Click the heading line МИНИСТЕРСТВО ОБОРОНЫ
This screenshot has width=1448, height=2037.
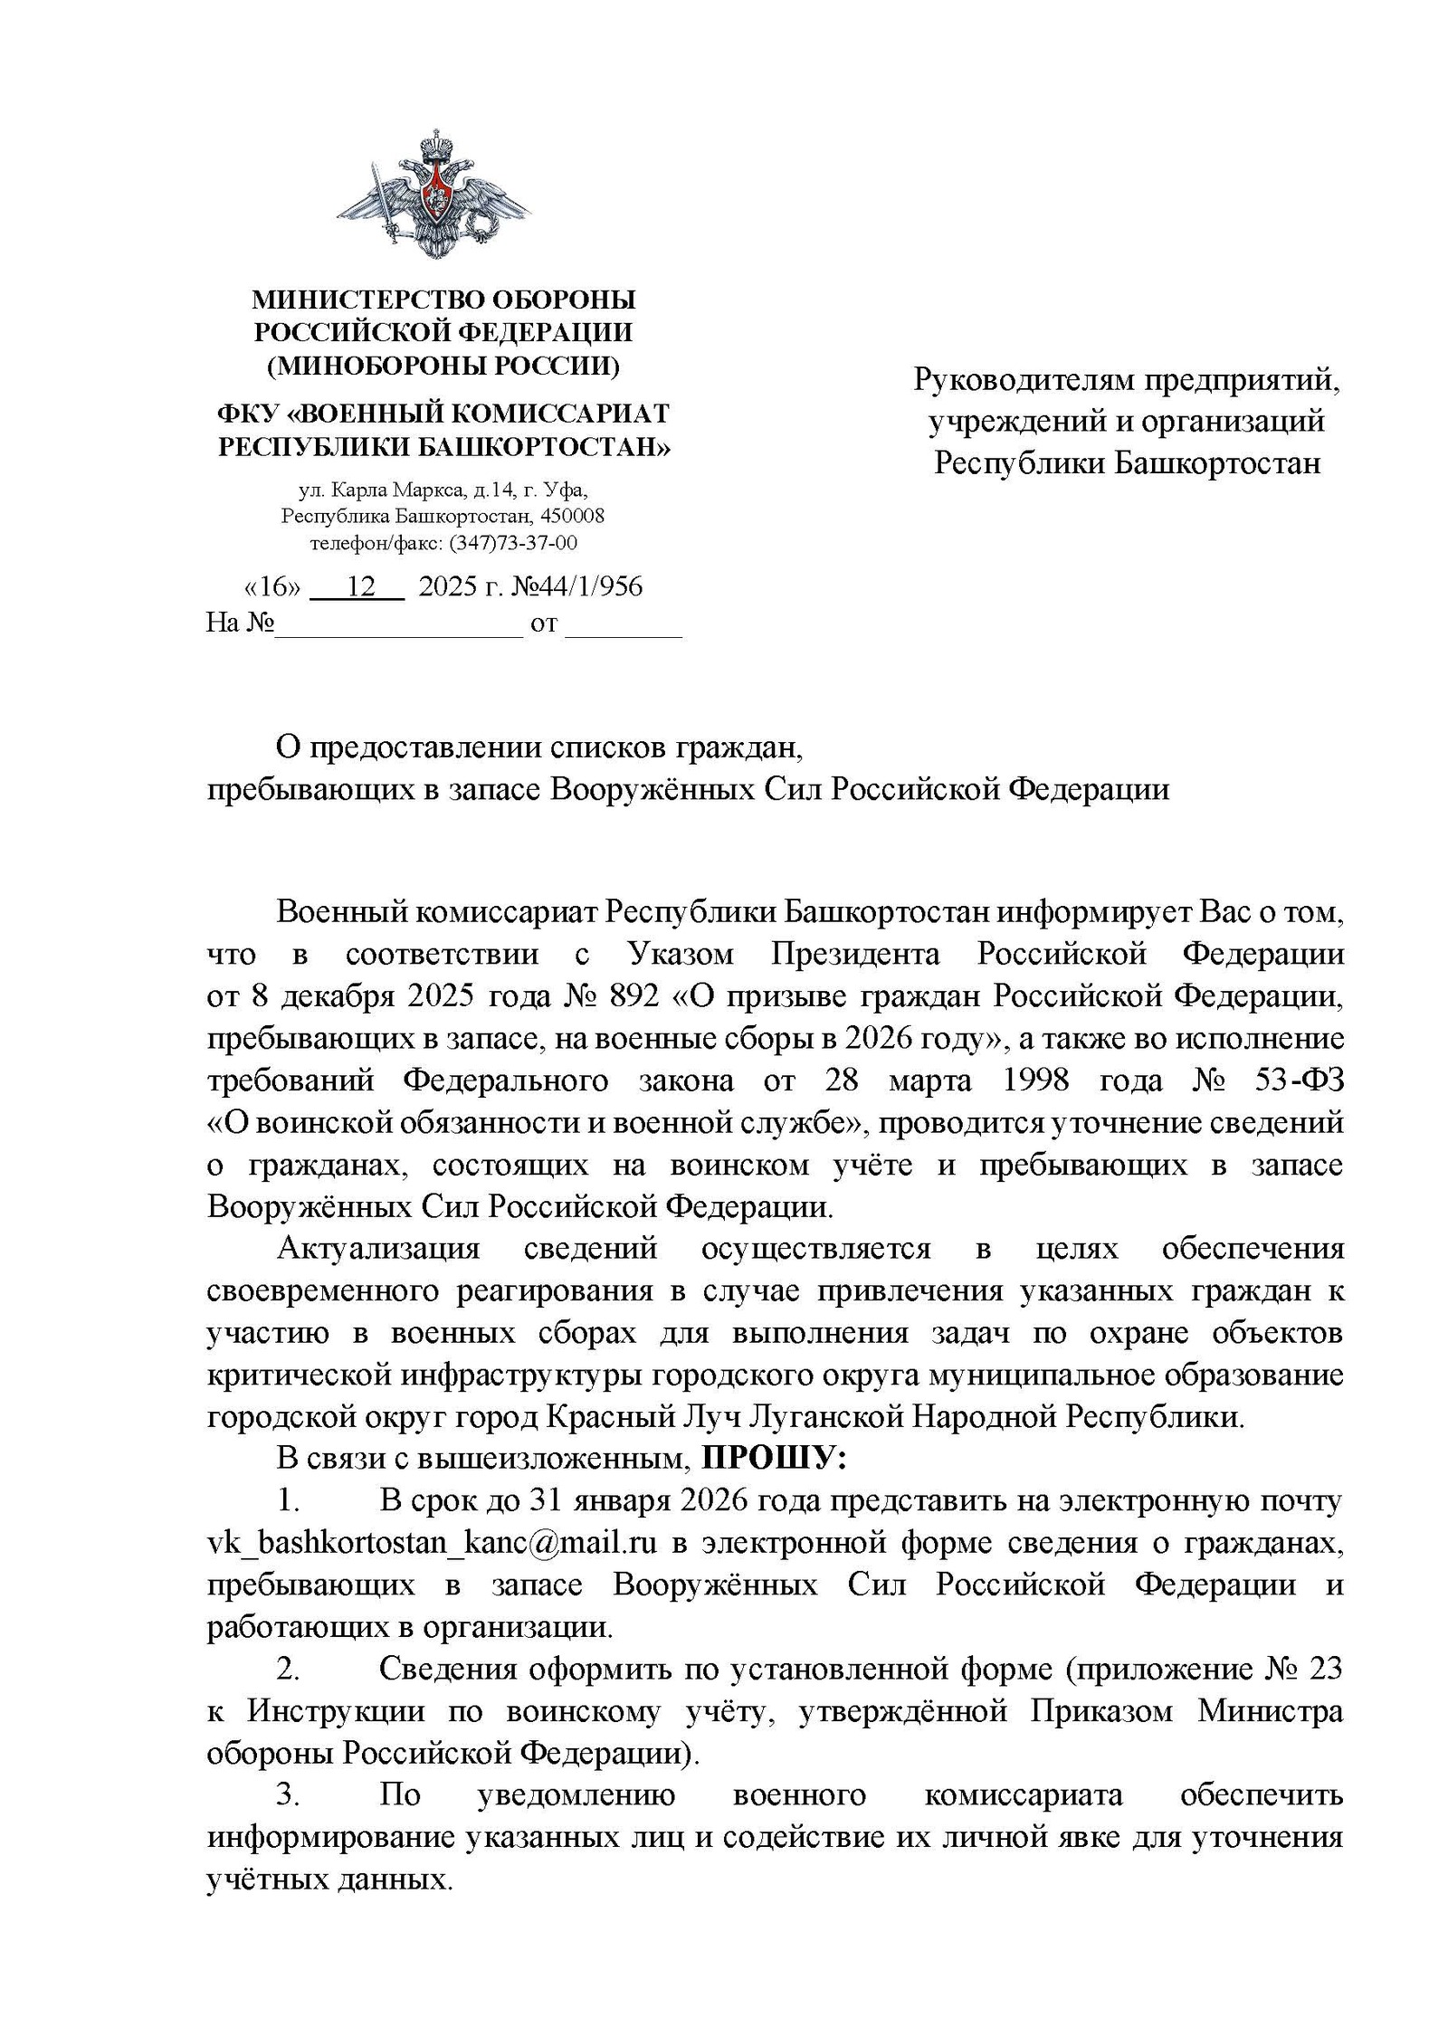tap(443, 300)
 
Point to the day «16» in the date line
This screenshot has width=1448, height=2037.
tap(272, 586)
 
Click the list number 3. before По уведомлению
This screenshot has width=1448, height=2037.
tap(288, 1794)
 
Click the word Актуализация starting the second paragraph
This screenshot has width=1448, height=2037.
tap(378, 1248)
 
